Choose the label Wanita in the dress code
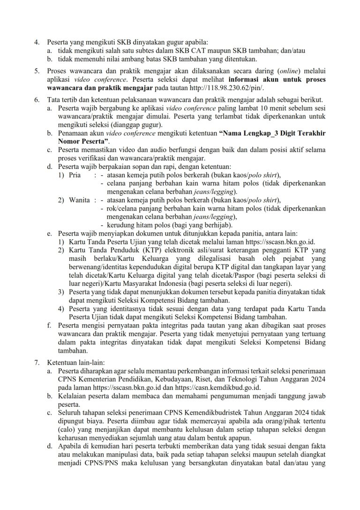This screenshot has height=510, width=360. tap(78, 200)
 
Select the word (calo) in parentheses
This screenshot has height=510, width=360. tap(68, 430)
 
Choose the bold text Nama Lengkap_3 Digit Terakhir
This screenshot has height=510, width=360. tap(273, 133)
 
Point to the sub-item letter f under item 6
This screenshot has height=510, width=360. tap(50, 324)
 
